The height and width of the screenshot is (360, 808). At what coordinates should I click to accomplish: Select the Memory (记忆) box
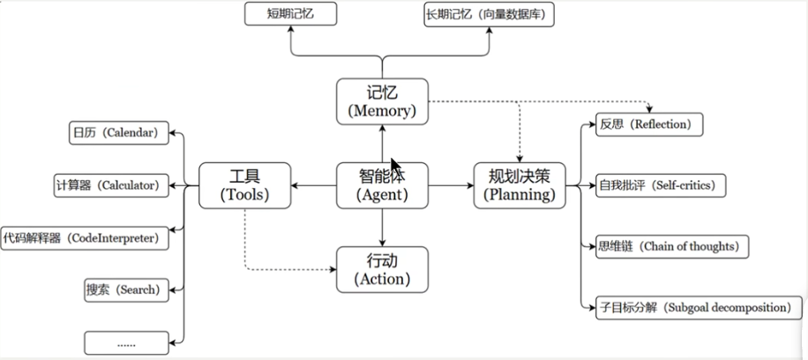[382, 101]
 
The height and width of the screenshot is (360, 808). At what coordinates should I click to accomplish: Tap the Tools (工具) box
[244, 185]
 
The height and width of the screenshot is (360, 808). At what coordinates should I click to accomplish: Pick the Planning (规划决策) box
[520, 185]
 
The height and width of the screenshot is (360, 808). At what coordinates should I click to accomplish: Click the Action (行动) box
[382, 269]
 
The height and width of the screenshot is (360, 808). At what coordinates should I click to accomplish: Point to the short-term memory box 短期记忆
[291, 14]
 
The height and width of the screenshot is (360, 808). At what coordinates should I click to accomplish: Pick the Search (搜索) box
[124, 289]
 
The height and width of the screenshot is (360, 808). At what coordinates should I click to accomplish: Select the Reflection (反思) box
[649, 125]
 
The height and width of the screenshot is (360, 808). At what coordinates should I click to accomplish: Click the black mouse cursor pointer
[396, 168]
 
